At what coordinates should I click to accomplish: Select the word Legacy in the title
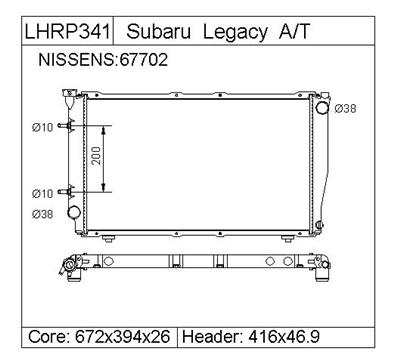click(230, 31)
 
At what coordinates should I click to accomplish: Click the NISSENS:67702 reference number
click(103, 60)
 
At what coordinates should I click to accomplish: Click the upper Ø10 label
click(42, 127)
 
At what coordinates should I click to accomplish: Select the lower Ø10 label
click(42, 193)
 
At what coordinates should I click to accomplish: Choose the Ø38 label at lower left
click(42, 214)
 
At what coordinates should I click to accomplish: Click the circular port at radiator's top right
click(321, 108)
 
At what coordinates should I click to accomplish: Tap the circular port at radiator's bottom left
click(73, 213)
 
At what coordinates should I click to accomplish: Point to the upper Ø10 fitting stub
click(66, 126)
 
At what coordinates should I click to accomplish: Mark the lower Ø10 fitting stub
click(66, 191)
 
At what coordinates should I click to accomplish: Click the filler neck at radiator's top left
click(70, 98)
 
